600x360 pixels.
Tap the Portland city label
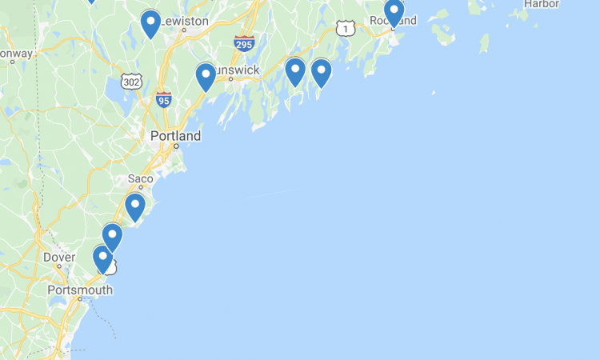point(175,136)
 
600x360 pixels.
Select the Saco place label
point(140,178)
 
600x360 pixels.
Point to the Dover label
point(58,258)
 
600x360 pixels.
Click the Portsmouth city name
point(80,290)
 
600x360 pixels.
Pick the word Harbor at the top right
point(541,4)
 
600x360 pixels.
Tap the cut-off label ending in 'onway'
point(16,54)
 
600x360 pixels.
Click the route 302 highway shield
point(132,81)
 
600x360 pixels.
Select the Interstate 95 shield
point(164,100)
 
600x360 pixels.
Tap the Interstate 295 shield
point(245,43)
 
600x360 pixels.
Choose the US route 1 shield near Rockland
point(346,29)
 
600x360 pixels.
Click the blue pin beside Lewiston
point(150,23)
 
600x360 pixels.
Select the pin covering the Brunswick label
point(206,76)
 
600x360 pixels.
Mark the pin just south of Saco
point(135,206)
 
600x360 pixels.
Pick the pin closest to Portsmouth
point(102,258)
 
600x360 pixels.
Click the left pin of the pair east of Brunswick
point(295,71)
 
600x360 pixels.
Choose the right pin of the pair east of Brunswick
point(321,72)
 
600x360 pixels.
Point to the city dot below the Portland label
point(174,147)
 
